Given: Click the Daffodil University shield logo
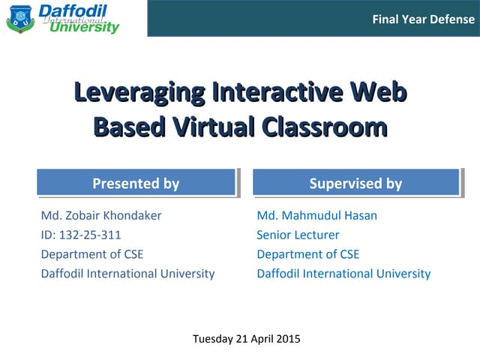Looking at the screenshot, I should pyautogui.click(x=20, y=18).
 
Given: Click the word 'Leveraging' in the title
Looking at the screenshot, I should pyautogui.click(x=139, y=94).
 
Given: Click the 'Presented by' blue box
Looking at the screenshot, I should pyautogui.click(x=136, y=183).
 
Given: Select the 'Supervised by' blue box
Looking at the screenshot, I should pyautogui.click(x=355, y=183).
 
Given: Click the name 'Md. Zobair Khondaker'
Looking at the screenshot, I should pyautogui.click(x=101, y=216).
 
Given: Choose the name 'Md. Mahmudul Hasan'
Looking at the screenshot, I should pyautogui.click(x=316, y=216).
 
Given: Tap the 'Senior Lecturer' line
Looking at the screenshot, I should pyautogui.click(x=298, y=235).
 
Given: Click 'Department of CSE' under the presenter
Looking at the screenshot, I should pyautogui.click(x=91, y=254).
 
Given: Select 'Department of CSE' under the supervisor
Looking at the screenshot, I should pyautogui.click(x=307, y=254).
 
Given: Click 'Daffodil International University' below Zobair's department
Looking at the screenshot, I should pyautogui.click(x=127, y=274).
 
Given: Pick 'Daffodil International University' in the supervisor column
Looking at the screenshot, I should pyautogui.click(x=343, y=274).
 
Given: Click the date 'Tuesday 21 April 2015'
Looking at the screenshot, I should pyautogui.click(x=247, y=339).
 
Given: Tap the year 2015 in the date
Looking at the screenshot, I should pyautogui.click(x=287, y=339).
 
